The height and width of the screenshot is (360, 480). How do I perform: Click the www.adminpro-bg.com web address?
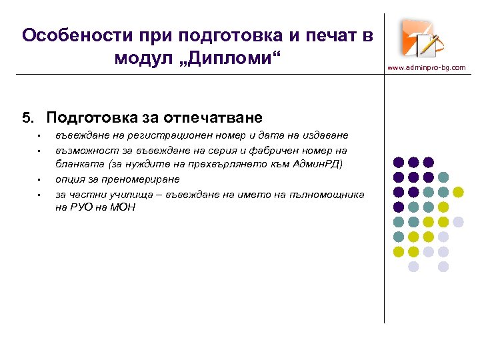(x=427, y=67)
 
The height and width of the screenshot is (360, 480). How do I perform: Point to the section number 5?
(x=27, y=119)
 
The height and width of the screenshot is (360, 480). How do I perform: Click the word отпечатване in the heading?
(x=211, y=119)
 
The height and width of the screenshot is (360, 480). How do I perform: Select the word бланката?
(x=76, y=165)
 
